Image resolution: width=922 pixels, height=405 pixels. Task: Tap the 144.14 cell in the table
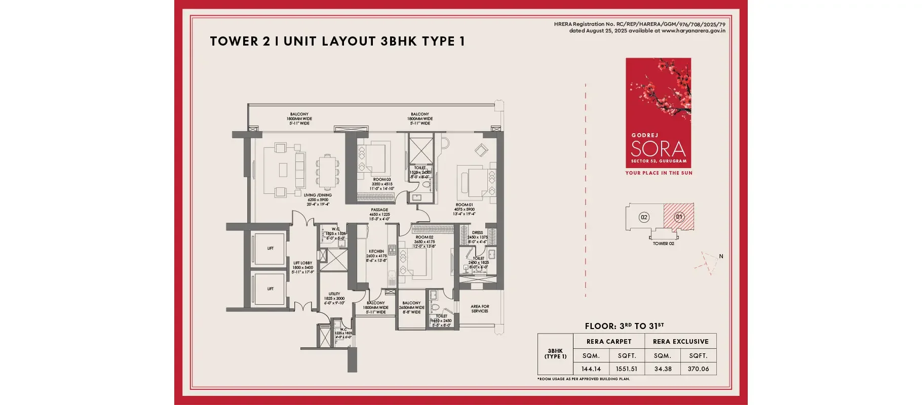(x=591, y=369)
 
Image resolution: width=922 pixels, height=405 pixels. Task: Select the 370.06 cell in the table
(x=698, y=369)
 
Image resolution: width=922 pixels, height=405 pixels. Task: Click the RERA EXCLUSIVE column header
(x=680, y=342)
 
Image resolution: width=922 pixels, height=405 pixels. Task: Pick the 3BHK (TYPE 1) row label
(x=555, y=354)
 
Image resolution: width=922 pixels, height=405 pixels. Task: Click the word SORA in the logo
(x=658, y=149)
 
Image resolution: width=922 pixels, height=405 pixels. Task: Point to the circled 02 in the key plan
(x=644, y=217)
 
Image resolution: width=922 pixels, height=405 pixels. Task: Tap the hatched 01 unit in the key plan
(x=679, y=217)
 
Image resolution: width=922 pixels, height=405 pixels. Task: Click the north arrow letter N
(x=721, y=256)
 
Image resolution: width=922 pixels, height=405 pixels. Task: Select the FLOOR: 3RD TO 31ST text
(x=624, y=326)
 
